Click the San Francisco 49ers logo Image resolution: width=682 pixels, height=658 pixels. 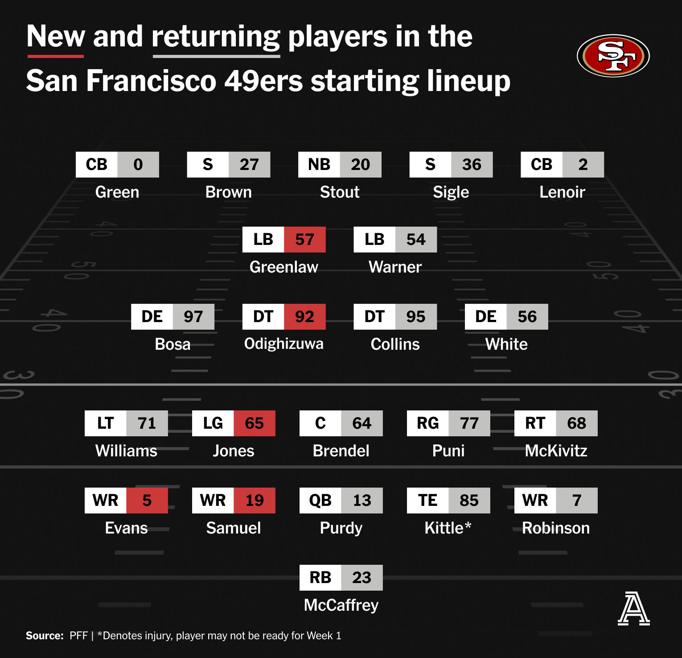[613, 56]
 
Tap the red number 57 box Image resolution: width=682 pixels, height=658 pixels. [305, 240]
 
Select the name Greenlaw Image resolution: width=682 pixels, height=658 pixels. [284, 267]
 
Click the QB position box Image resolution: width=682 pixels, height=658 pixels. [320, 501]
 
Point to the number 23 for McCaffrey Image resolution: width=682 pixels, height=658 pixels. [362, 578]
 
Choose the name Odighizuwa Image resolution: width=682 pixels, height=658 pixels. [284, 344]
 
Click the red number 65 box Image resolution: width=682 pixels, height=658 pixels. [255, 423]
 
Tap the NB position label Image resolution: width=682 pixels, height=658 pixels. [319, 165]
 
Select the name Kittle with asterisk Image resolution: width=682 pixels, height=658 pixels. [448, 528]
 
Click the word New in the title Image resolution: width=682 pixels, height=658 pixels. [56, 36]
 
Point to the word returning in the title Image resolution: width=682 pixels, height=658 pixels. [216, 37]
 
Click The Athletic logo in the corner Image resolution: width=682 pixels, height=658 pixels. [633, 608]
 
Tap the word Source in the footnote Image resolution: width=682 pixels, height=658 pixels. [45, 636]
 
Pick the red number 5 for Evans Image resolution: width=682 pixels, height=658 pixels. [147, 501]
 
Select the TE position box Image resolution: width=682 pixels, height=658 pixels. [428, 501]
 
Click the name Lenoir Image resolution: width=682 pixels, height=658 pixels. [562, 192]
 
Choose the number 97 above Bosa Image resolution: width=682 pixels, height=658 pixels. [193, 317]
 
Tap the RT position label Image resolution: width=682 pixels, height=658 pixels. [535, 423]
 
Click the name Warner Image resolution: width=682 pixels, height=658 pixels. [395, 267]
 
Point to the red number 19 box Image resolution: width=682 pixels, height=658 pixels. [255, 501]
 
